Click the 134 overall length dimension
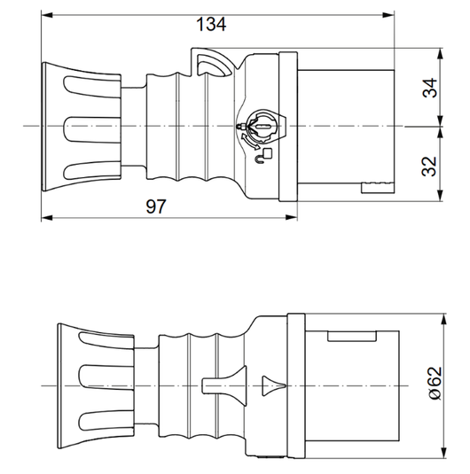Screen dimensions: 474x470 (x=211, y=25)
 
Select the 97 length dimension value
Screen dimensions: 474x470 (x=156, y=206)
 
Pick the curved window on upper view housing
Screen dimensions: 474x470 (x=213, y=64)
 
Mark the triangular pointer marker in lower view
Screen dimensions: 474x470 (x=272, y=385)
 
